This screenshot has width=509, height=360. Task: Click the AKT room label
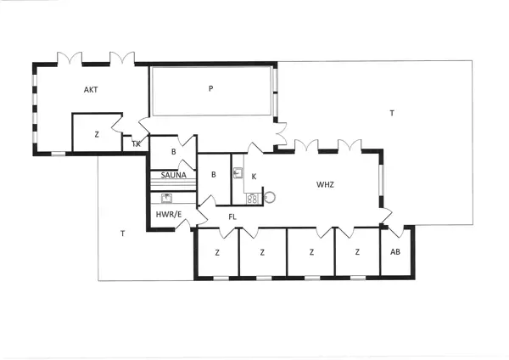[x=91, y=89]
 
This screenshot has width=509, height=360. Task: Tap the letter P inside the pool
[x=211, y=87]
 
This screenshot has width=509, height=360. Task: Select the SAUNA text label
[x=173, y=175]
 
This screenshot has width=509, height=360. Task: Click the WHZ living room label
[x=326, y=183]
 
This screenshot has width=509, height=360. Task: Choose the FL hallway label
[x=232, y=217]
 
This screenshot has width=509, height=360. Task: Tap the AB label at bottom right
[x=395, y=252]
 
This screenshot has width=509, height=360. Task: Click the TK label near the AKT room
[x=136, y=143]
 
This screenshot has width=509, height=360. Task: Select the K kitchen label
[x=254, y=176]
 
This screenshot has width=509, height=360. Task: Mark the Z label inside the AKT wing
[x=97, y=134]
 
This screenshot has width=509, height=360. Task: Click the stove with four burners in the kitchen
[x=252, y=199]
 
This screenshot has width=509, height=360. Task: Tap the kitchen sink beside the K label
[x=239, y=173]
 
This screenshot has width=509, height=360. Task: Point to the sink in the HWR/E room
[x=167, y=198]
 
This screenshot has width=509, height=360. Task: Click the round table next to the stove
[x=271, y=197]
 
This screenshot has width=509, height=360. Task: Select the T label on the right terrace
[x=391, y=112]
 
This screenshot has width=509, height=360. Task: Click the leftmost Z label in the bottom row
[x=217, y=252]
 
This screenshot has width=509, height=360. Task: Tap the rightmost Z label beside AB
[x=357, y=252]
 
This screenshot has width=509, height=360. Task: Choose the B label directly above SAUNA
[x=173, y=152]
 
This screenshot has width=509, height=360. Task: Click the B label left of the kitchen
[x=214, y=175]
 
